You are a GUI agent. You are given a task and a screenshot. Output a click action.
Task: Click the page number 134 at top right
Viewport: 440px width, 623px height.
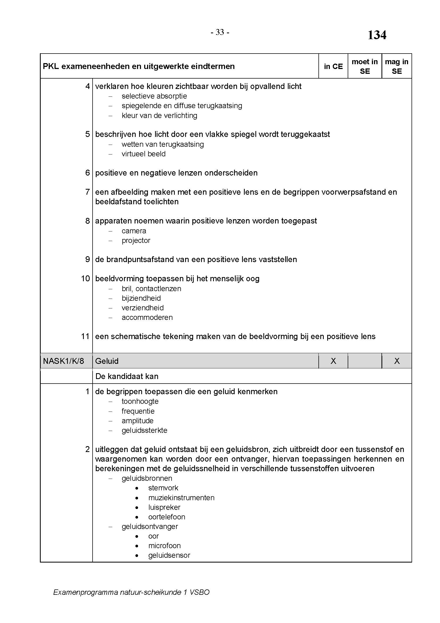[x=377, y=35]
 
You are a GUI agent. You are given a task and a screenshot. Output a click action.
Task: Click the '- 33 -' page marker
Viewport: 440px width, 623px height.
[x=220, y=32]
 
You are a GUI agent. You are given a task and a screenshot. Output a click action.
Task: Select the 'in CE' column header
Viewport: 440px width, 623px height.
[x=333, y=67]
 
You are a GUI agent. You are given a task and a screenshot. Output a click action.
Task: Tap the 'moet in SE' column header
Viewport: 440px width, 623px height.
[x=364, y=67]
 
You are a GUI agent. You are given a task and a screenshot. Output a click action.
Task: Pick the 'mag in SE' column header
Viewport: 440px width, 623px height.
[x=396, y=67]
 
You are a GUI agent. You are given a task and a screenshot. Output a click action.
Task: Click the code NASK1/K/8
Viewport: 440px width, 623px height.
[x=63, y=361]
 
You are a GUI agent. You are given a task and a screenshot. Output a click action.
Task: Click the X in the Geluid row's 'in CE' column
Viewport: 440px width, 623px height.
[x=333, y=361]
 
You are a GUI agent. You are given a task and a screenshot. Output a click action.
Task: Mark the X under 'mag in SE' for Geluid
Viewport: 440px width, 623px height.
[x=397, y=361]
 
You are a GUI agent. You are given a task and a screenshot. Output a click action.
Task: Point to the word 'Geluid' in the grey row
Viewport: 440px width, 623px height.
[x=107, y=361]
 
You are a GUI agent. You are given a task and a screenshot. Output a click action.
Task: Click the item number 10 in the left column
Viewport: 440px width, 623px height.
[x=85, y=279]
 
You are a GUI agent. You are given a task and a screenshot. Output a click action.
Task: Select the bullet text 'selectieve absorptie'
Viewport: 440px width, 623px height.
[x=154, y=96]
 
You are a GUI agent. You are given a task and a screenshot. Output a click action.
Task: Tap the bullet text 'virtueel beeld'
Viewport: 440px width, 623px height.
[x=143, y=154]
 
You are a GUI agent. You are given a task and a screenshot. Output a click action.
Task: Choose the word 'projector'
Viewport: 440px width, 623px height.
[x=136, y=241]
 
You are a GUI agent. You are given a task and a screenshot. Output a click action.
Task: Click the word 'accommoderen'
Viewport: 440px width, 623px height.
[x=147, y=317]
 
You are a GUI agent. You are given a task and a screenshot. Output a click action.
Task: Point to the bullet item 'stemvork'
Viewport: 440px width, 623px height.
[x=163, y=488]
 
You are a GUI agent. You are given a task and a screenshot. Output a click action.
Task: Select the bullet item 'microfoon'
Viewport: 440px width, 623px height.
[x=164, y=546]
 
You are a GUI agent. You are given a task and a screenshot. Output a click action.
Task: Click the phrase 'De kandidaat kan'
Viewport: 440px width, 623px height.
[x=127, y=376]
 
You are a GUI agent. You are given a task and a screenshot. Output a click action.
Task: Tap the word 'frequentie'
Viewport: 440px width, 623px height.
[x=138, y=411]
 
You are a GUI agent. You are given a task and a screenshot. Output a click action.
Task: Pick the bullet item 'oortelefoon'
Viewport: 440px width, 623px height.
[x=167, y=517]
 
